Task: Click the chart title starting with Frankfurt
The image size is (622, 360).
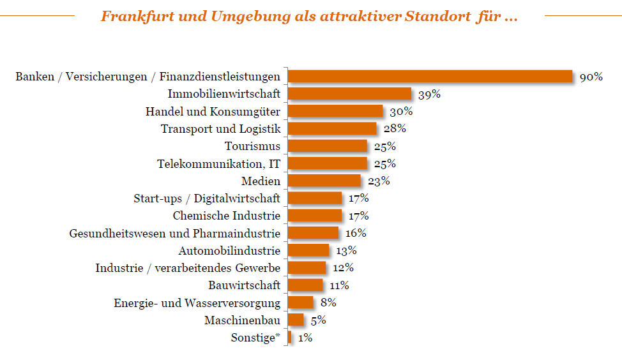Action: [309, 17]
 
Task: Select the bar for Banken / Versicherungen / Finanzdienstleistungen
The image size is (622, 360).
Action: [430, 77]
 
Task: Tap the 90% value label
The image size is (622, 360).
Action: [591, 77]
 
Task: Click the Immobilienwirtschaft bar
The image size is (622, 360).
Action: [350, 94]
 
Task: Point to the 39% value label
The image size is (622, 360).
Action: [430, 94]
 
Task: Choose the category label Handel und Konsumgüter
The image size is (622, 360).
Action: [213, 111]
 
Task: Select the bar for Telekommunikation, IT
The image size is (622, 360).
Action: [328, 163]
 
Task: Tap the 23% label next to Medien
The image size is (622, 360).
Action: [379, 181]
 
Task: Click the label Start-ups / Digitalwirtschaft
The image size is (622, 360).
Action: [207, 198]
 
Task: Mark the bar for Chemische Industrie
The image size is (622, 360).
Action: [315, 215]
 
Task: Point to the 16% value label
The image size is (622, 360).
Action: [356, 233]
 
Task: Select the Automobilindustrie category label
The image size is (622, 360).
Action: [229, 250]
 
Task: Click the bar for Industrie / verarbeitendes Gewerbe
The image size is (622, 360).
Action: [307, 267]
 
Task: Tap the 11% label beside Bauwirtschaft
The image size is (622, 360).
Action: [339, 285]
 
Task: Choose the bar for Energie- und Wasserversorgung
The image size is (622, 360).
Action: [301, 302]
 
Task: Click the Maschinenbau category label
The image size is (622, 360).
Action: [242, 320]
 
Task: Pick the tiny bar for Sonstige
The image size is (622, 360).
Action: [290, 337]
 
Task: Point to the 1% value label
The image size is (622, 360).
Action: [305, 338]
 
